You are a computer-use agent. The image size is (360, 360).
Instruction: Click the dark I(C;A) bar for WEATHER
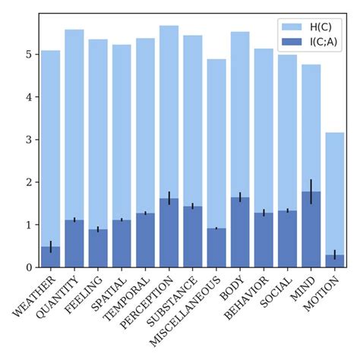tap(50, 257)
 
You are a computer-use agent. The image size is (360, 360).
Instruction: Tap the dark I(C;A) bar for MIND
tap(311, 235)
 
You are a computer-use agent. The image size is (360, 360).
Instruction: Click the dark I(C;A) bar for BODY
tap(240, 235)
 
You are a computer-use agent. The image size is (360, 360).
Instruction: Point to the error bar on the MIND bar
tap(311, 191)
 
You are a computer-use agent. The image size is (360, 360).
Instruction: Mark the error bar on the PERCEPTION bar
tap(169, 198)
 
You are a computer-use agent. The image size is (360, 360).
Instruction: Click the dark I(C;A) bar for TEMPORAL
tap(145, 242)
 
